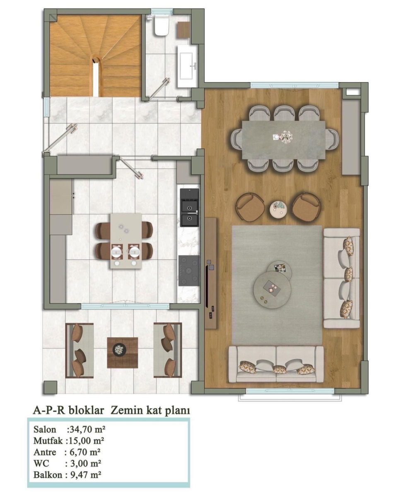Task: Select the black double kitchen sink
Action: coord(189,207)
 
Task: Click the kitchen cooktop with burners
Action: coord(189,270)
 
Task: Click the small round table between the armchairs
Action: coord(279,209)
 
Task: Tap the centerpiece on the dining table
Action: coord(283,137)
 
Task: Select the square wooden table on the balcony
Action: coord(123,353)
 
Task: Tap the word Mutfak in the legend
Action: coord(48,440)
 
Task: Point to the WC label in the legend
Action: coord(41,463)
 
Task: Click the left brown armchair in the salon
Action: coord(251,207)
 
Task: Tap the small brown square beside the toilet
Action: coord(184,29)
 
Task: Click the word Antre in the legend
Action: coord(45,452)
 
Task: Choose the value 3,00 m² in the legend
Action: coord(83,463)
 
